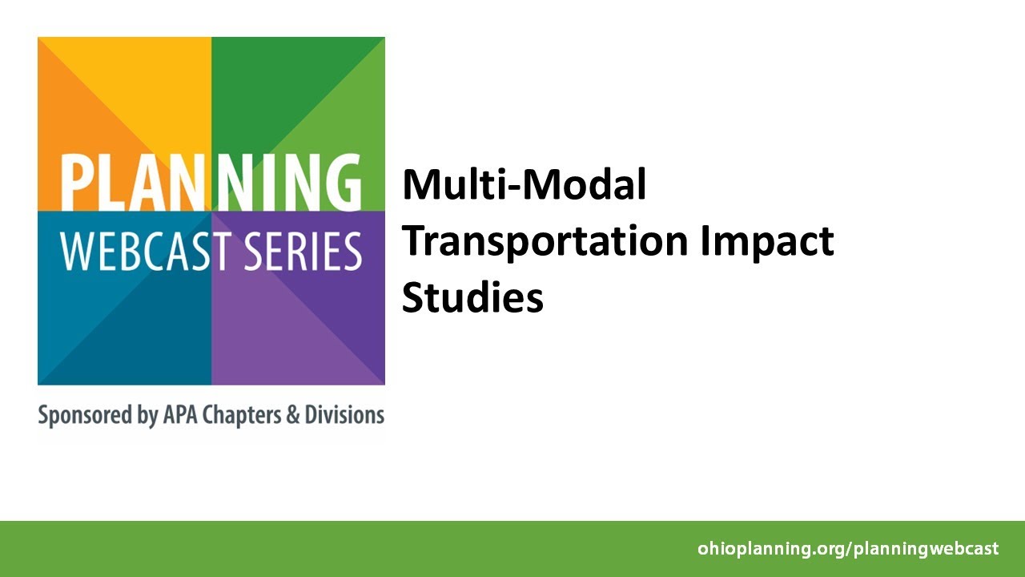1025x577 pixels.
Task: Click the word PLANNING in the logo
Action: [x=211, y=182]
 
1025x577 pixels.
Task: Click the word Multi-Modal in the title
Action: [x=524, y=185]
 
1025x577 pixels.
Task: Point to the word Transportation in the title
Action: [x=545, y=241]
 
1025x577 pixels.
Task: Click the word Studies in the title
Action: [x=472, y=297]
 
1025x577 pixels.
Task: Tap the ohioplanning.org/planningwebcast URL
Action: [x=848, y=549]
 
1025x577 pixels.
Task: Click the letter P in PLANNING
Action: [x=75, y=182]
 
